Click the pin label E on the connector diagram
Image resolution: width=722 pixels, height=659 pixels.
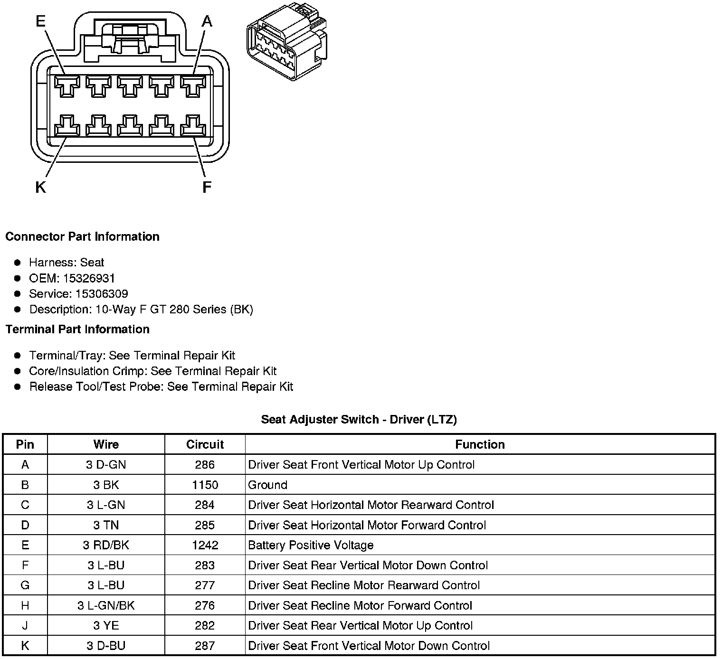click(x=41, y=21)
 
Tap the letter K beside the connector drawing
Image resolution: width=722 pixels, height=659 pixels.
click(x=40, y=188)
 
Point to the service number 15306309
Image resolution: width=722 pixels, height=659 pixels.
click(x=101, y=294)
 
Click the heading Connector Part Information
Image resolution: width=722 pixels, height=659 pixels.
click(x=82, y=236)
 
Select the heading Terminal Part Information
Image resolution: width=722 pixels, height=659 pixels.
click(x=77, y=329)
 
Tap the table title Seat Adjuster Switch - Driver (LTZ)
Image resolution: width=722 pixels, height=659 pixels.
click(x=359, y=419)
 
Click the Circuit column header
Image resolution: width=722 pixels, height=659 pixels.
click(x=205, y=444)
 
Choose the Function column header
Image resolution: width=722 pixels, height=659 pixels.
click(x=480, y=444)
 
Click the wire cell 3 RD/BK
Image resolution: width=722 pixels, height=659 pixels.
click(x=106, y=545)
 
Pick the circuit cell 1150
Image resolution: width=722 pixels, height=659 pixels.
click(x=205, y=485)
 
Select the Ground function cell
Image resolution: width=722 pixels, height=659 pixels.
click(x=268, y=485)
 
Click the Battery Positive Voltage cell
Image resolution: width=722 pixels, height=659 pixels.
click(x=311, y=545)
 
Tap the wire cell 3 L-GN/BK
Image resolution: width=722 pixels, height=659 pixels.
click(x=106, y=605)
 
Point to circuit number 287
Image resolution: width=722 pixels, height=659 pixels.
click(x=205, y=646)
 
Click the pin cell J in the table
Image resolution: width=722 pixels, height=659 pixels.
click(x=25, y=625)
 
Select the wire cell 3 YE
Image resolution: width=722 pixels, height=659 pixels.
click(x=106, y=625)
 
